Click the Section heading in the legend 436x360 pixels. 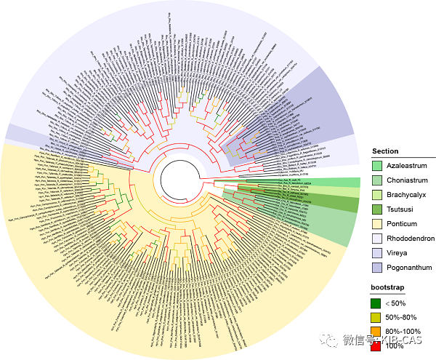pos(385,151)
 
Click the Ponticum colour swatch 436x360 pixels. pos(378,223)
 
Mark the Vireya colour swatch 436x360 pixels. pos(378,252)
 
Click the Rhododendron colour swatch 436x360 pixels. pos(378,237)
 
